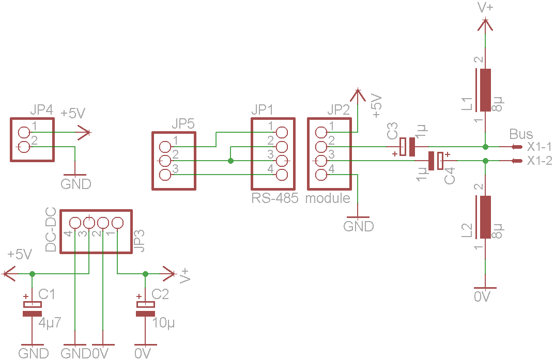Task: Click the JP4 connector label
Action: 41,110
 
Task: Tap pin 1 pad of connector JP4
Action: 24,133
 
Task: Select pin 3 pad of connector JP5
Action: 165,175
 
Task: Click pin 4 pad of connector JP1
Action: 282,175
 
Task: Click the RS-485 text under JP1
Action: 275,198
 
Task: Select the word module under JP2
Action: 328,198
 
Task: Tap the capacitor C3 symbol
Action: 408,147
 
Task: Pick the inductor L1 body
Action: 485,90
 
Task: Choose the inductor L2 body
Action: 485,217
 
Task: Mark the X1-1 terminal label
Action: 540,147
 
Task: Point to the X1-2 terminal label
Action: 540,161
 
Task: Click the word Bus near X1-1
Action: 520,134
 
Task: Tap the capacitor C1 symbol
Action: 32,308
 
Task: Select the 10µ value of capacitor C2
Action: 164,324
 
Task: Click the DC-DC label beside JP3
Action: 51,230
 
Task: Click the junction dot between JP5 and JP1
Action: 230,161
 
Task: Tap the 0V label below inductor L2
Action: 482,296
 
